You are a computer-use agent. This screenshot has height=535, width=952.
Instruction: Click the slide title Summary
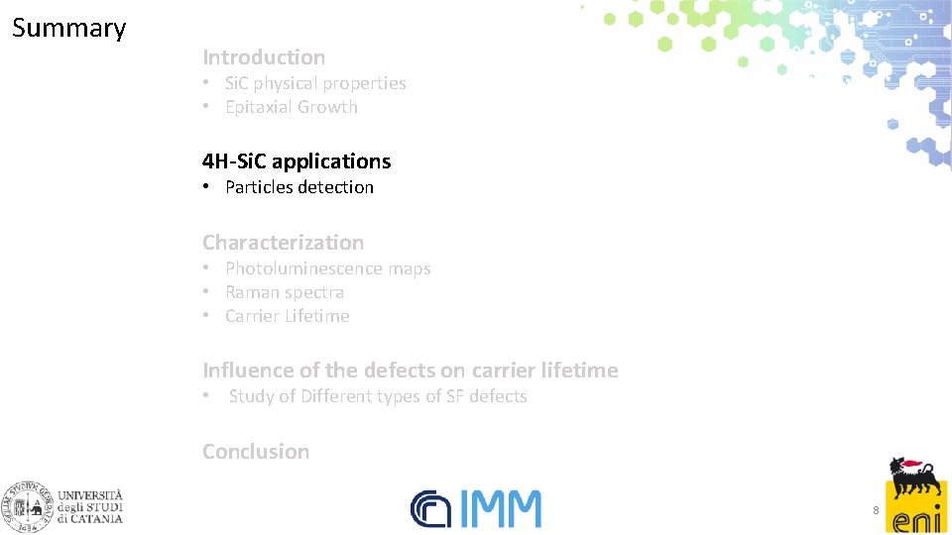pos(68,28)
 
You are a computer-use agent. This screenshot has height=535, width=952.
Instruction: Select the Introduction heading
pos(264,57)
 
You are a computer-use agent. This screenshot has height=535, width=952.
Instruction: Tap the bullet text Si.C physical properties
pos(315,83)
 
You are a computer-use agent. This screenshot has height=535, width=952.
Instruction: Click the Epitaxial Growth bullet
pos(291,107)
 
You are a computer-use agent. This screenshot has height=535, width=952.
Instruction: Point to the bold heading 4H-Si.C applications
pos(297,160)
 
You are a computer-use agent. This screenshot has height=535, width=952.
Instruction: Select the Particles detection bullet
pos(298,187)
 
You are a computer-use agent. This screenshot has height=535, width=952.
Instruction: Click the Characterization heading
pos(283,242)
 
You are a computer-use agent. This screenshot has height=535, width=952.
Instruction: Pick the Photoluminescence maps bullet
pos(327,268)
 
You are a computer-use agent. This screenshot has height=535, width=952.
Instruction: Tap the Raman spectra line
pos(285,292)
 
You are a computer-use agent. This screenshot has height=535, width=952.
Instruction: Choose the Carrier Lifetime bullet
pos(287,316)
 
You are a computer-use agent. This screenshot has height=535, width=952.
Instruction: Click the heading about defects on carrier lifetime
pos(410,371)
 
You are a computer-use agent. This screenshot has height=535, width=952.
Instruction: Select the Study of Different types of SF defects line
pos(378,396)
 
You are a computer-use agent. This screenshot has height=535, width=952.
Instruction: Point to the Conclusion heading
pos(256,451)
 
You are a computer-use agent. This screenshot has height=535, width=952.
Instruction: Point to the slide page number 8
pos(875,509)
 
